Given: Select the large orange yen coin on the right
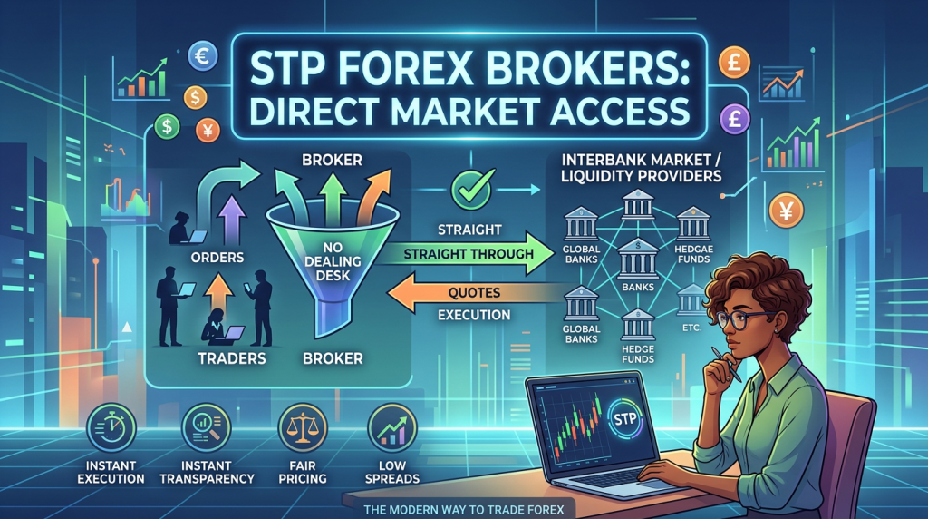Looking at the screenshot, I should (787, 211).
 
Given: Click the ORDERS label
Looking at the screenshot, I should (219, 257).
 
